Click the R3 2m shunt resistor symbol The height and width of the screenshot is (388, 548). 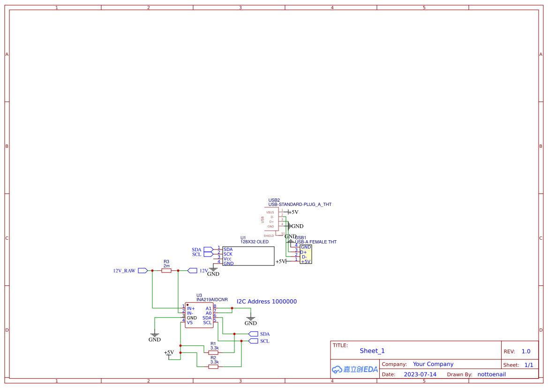click(x=166, y=271)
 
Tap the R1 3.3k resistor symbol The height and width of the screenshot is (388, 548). click(x=213, y=353)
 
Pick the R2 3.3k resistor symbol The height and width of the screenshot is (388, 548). click(x=213, y=367)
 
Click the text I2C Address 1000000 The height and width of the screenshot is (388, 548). click(x=266, y=302)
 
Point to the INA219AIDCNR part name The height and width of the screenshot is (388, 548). click(x=212, y=299)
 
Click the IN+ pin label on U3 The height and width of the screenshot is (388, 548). click(x=191, y=308)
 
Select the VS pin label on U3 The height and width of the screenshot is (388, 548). click(x=190, y=322)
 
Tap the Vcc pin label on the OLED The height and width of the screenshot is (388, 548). click(x=227, y=259)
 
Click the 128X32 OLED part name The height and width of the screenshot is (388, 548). click(x=254, y=242)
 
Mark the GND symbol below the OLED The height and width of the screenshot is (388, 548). click(x=213, y=271)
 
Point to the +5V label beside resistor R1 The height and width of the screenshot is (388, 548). click(x=169, y=352)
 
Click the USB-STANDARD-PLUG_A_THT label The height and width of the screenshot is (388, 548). click(x=300, y=205)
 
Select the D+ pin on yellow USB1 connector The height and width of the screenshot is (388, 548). click(x=304, y=252)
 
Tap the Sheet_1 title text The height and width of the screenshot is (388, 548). click(x=372, y=351)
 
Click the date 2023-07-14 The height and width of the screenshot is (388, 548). click(x=420, y=374)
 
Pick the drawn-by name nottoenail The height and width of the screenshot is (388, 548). click(x=491, y=374)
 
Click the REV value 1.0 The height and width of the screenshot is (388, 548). click(x=526, y=351)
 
